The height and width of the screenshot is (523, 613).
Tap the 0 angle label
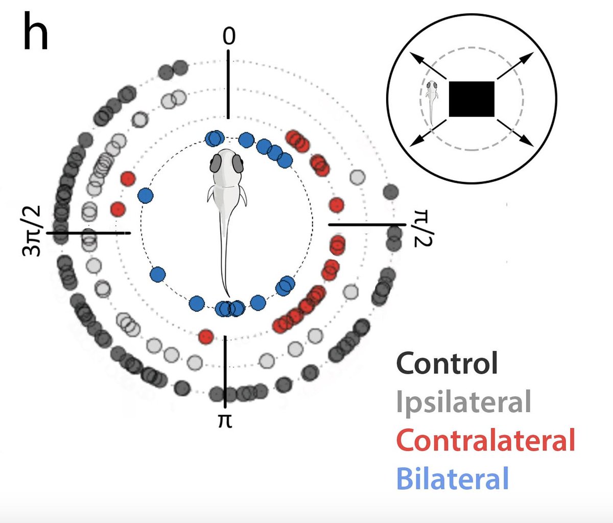click(229, 37)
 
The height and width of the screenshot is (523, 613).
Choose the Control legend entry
click(446, 363)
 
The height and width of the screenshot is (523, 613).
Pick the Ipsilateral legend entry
click(463, 401)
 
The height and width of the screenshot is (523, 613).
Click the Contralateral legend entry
click(485, 440)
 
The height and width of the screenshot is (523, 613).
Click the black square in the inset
click(471, 99)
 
